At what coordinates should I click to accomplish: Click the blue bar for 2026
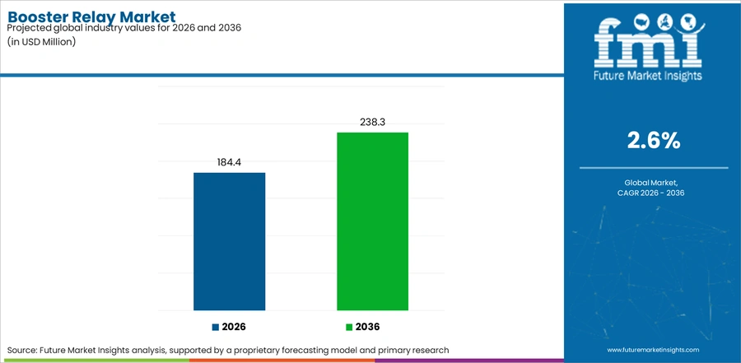pos(229,241)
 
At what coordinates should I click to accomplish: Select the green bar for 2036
pos(372,221)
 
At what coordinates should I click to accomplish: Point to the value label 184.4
pos(229,163)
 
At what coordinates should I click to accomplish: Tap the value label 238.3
pos(372,123)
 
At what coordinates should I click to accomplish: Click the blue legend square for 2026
pos(216,327)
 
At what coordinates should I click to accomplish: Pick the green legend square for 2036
pos(349,327)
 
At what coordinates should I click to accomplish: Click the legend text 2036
pos(368,327)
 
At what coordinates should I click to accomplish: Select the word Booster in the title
pos(38,16)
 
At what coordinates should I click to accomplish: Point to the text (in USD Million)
pos(42,42)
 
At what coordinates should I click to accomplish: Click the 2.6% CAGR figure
pos(654,141)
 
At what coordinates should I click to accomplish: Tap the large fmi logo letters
pos(648,43)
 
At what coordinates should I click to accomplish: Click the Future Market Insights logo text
pos(648,76)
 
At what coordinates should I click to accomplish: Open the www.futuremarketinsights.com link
pos(653,350)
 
